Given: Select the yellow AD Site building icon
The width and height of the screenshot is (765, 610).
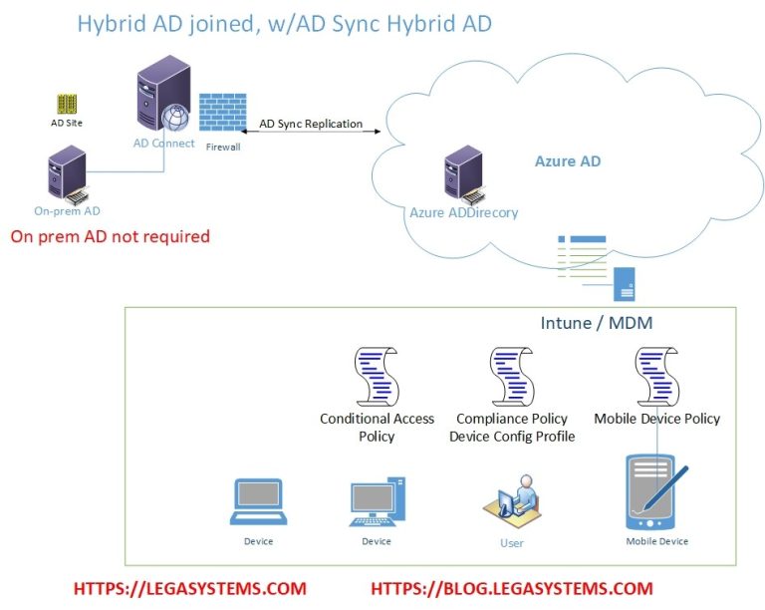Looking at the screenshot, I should [x=67, y=104].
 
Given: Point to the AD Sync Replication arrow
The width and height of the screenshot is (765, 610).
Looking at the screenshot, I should [x=310, y=136].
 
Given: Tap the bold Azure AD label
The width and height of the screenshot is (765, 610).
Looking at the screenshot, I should [x=568, y=161].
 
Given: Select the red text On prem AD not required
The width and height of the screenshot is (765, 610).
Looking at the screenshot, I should [x=110, y=236].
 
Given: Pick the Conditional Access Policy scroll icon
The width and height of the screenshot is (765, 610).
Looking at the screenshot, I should [x=377, y=376].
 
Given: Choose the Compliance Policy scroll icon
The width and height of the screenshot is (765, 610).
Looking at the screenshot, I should [x=512, y=376].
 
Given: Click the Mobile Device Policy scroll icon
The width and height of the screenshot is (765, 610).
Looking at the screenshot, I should [x=656, y=376].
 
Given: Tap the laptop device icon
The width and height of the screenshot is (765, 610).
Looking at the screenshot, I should [x=258, y=502].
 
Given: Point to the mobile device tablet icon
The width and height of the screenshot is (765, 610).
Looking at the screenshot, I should [x=653, y=493].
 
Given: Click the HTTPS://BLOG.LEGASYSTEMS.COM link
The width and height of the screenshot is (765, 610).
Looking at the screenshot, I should [x=511, y=589].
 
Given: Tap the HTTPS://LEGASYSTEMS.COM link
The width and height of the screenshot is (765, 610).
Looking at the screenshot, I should [x=189, y=589].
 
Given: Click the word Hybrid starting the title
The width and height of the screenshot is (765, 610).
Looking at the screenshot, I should [x=111, y=23].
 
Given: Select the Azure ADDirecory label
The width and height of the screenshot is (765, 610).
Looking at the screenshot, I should [x=463, y=212].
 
